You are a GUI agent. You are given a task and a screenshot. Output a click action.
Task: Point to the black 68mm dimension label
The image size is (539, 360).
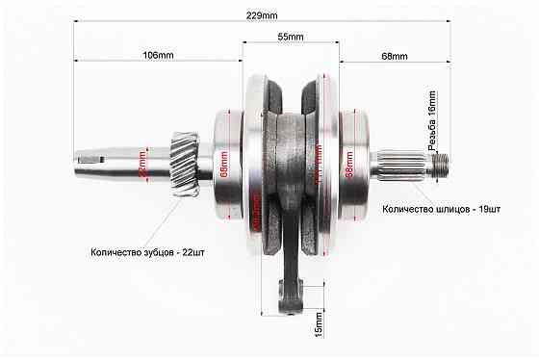pyautogui.click(x=394, y=57)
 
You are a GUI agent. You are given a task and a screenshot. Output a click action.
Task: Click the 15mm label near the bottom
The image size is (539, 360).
pyautogui.click(x=319, y=330)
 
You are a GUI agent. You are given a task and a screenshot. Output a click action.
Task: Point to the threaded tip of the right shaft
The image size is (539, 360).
pyautogui.click(x=440, y=162)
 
